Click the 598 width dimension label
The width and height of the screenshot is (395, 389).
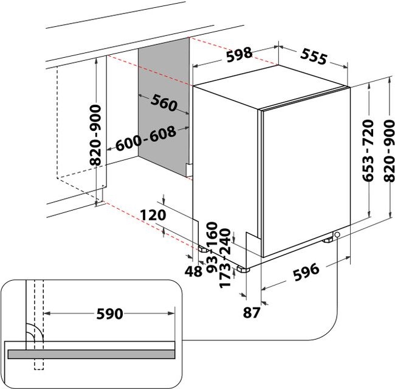pyautogui.click(x=239, y=55)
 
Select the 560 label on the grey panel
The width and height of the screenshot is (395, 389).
pyautogui.click(x=162, y=103)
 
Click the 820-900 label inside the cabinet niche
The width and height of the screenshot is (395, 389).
pyautogui.click(x=95, y=136)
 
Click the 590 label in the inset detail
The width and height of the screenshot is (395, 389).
pyautogui.click(x=111, y=314)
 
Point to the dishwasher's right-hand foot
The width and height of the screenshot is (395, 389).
pyautogui.click(x=328, y=239)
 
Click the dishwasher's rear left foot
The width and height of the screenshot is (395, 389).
pyautogui.click(x=201, y=248)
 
